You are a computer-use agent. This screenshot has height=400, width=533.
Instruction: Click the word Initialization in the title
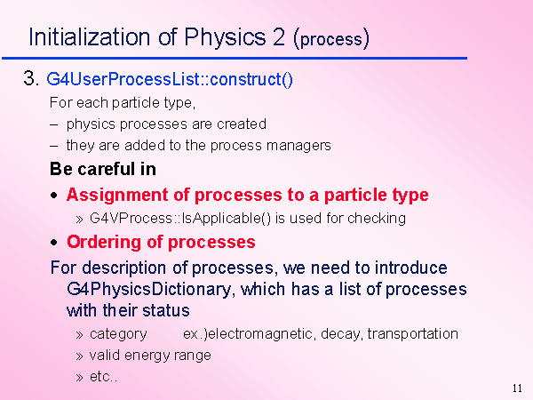[x=90, y=36]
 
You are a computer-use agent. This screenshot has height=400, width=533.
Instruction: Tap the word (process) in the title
[x=331, y=38]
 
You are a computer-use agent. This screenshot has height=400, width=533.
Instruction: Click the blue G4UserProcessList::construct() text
[x=170, y=79]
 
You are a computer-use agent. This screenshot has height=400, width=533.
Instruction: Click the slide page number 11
[x=517, y=388]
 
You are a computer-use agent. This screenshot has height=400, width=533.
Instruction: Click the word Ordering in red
[x=104, y=243]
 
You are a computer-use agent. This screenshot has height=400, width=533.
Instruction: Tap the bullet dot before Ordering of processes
[x=53, y=243]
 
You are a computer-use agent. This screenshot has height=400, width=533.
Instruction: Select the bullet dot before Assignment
[x=53, y=196]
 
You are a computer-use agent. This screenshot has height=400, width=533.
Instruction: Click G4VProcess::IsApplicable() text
[x=180, y=219]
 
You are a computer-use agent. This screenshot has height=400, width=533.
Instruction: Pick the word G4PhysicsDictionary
[x=149, y=290]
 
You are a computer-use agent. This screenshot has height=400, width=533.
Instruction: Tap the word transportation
[x=413, y=334]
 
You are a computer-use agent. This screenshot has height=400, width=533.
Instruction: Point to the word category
[x=118, y=334]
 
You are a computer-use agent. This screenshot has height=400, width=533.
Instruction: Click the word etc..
[x=103, y=377]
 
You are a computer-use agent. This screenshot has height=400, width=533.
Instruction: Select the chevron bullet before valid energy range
[x=80, y=356]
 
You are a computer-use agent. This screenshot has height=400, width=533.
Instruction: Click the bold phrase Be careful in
[x=103, y=169]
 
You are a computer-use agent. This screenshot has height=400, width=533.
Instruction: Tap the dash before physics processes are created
[x=53, y=124]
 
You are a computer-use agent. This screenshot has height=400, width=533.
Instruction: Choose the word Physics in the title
[x=225, y=36]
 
